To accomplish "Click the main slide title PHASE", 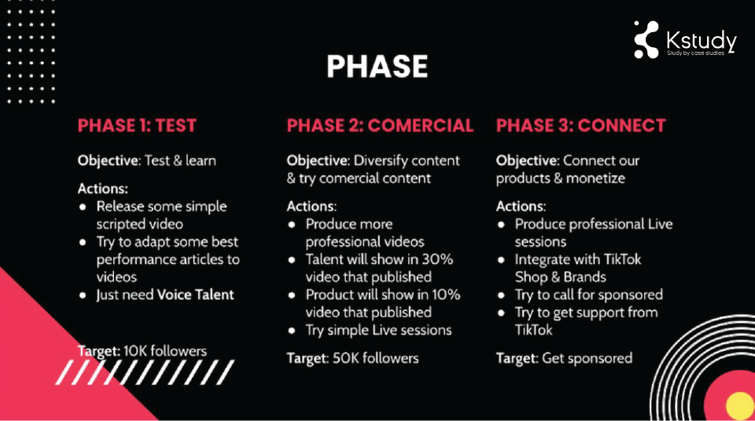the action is click(377, 66).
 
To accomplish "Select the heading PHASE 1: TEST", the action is click(137, 126).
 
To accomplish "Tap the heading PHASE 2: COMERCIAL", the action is click(380, 126).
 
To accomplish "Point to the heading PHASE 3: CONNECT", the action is click(580, 126).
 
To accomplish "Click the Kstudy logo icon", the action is click(646, 40).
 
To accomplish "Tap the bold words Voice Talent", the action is click(196, 295).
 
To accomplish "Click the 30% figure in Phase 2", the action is click(437, 259).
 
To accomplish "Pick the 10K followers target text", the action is click(165, 351).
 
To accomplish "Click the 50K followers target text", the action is click(376, 358).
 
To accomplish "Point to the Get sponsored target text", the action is click(587, 358).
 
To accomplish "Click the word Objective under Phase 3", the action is click(527, 161).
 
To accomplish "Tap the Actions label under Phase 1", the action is click(103, 189).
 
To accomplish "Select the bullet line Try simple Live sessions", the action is click(378, 331).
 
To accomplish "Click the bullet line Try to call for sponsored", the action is click(589, 295).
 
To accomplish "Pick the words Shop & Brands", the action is click(561, 277).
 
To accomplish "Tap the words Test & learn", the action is click(180, 161).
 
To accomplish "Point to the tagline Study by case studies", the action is click(695, 53).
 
